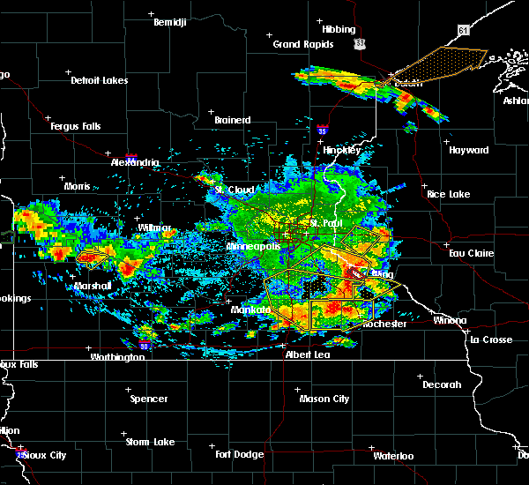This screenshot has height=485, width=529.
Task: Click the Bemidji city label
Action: coord(170,22)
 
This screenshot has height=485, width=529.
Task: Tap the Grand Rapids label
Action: coord(302,44)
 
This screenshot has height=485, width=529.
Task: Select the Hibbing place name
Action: coord(339,30)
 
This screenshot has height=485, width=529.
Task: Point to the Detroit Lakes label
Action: coord(100,80)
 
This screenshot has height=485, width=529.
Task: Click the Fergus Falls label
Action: coord(75,126)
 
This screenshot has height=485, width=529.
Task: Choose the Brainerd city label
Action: coord(233,120)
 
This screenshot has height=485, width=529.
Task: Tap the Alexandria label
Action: coord(135,162)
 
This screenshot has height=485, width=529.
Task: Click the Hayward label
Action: coord(469,150)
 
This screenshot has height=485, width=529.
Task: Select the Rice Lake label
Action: coord(449,194)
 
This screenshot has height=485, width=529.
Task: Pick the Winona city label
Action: coord(450,320)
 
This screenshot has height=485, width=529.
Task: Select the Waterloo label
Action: coord(393,456)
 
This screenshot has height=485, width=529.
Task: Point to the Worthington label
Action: coord(117,357)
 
